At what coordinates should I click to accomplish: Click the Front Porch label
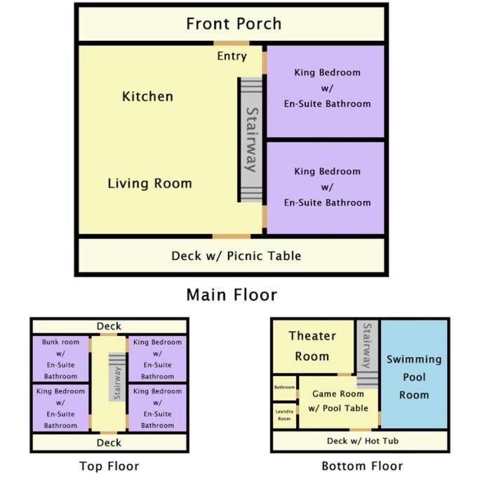pyautogui.click(x=234, y=24)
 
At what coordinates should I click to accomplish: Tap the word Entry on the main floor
pyautogui.click(x=232, y=56)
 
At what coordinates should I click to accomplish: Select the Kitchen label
pyautogui.click(x=147, y=96)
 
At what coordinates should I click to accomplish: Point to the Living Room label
pyautogui.click(x=149, y=183)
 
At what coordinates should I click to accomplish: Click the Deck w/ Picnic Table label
pyautogui.click(x=236, y=256)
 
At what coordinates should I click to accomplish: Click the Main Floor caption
pyautogui.click(x=232, y=295)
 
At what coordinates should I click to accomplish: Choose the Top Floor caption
pyautogui.click(x=109, y=466)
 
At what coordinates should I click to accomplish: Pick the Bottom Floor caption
pyautogui.click(x=362, y=466)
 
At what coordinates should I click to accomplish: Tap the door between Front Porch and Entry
pyautogui.click(x=232, y=43)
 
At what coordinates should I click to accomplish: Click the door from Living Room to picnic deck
pyautogui.click(x=232, y=236)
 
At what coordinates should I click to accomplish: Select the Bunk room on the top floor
pyautogui.click(x=60, y=359)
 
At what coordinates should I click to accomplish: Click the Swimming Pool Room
pyautogui.click(x=414, y=374)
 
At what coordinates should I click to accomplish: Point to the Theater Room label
pyautogui.click(x=312, y=346)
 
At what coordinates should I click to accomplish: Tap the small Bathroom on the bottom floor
pyautogui.click(x=284, y=388)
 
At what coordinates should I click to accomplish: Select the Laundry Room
pyautogui.click(x=284, y=415)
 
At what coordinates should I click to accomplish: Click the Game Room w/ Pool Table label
pyautogui.click(x=338, y=401)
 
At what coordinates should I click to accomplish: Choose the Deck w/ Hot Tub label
pyautogui.click(x=363, y=441)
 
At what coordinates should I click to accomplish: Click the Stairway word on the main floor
pyautogui.click(x=252, y=140)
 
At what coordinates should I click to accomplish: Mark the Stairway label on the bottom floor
pyautogui.click(x=367, y=346)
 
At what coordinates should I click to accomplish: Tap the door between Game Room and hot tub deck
pyautogui.click(x=360, y=430)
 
